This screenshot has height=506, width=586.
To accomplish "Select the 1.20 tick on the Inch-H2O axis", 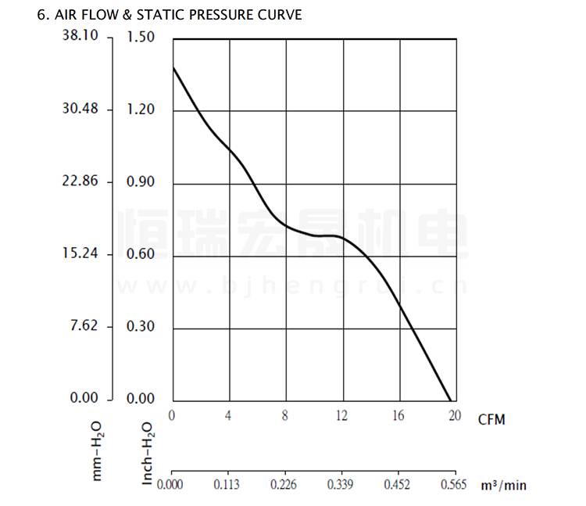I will (x=141, y=109).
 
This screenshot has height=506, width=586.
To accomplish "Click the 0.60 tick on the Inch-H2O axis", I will (x=141, y=255).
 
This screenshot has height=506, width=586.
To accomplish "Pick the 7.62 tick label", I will (x=81, y=325).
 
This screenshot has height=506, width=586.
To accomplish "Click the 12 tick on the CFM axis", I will (x=342, y=415).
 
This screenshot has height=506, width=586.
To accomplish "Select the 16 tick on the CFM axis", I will (x=399, y=415).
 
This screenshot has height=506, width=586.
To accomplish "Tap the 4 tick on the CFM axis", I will (x=228, y=415).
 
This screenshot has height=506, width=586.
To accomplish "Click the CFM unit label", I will (x=491, y=420).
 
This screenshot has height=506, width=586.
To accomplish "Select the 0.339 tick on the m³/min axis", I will (x=341, y=484).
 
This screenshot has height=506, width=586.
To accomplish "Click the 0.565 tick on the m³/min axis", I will (x=455, y=484).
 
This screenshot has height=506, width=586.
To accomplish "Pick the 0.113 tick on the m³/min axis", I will (x=227, y=484).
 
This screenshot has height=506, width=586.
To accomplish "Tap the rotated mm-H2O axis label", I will (x=97, y=451).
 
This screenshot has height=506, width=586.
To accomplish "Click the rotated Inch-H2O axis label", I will (x=148, y=454).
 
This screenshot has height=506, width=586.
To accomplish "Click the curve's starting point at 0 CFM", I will (x=173, y=67).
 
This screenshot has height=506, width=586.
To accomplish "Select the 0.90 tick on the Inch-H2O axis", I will (x=141, y=182).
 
